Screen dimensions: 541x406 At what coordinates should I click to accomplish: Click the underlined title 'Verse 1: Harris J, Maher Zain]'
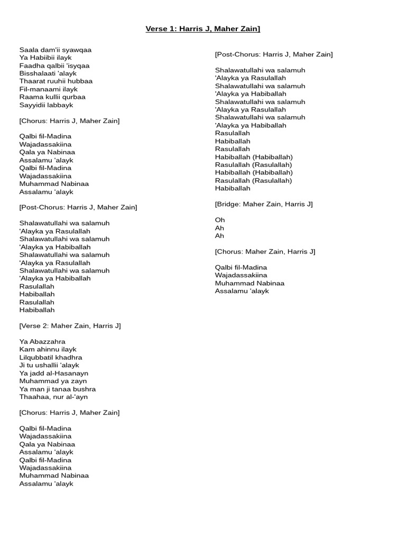point(203,28)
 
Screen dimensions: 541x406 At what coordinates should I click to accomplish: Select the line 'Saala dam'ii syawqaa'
point(56,50)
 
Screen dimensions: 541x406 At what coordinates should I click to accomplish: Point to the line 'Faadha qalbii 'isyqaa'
point(54,66)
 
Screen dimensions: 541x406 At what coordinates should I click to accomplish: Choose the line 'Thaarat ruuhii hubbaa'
point(56,81)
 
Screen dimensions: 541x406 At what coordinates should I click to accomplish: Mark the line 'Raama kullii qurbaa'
point(52,97)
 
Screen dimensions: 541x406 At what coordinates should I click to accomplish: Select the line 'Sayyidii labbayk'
point(46,105)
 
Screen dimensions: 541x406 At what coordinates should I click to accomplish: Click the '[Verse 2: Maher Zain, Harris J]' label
point(70,326)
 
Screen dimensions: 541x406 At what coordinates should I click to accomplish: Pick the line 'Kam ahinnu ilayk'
point(48,350)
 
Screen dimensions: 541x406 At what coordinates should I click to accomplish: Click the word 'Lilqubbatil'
point(36,358)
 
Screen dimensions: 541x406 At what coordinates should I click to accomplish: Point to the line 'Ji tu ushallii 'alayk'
point(49,366)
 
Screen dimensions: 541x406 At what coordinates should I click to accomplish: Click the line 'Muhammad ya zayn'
point(53,381)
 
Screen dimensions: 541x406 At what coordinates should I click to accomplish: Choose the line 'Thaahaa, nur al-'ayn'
point(54,397)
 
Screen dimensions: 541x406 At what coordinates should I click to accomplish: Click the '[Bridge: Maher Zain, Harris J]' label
point(264,204)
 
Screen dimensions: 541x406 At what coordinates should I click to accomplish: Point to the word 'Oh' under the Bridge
point(220,220)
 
